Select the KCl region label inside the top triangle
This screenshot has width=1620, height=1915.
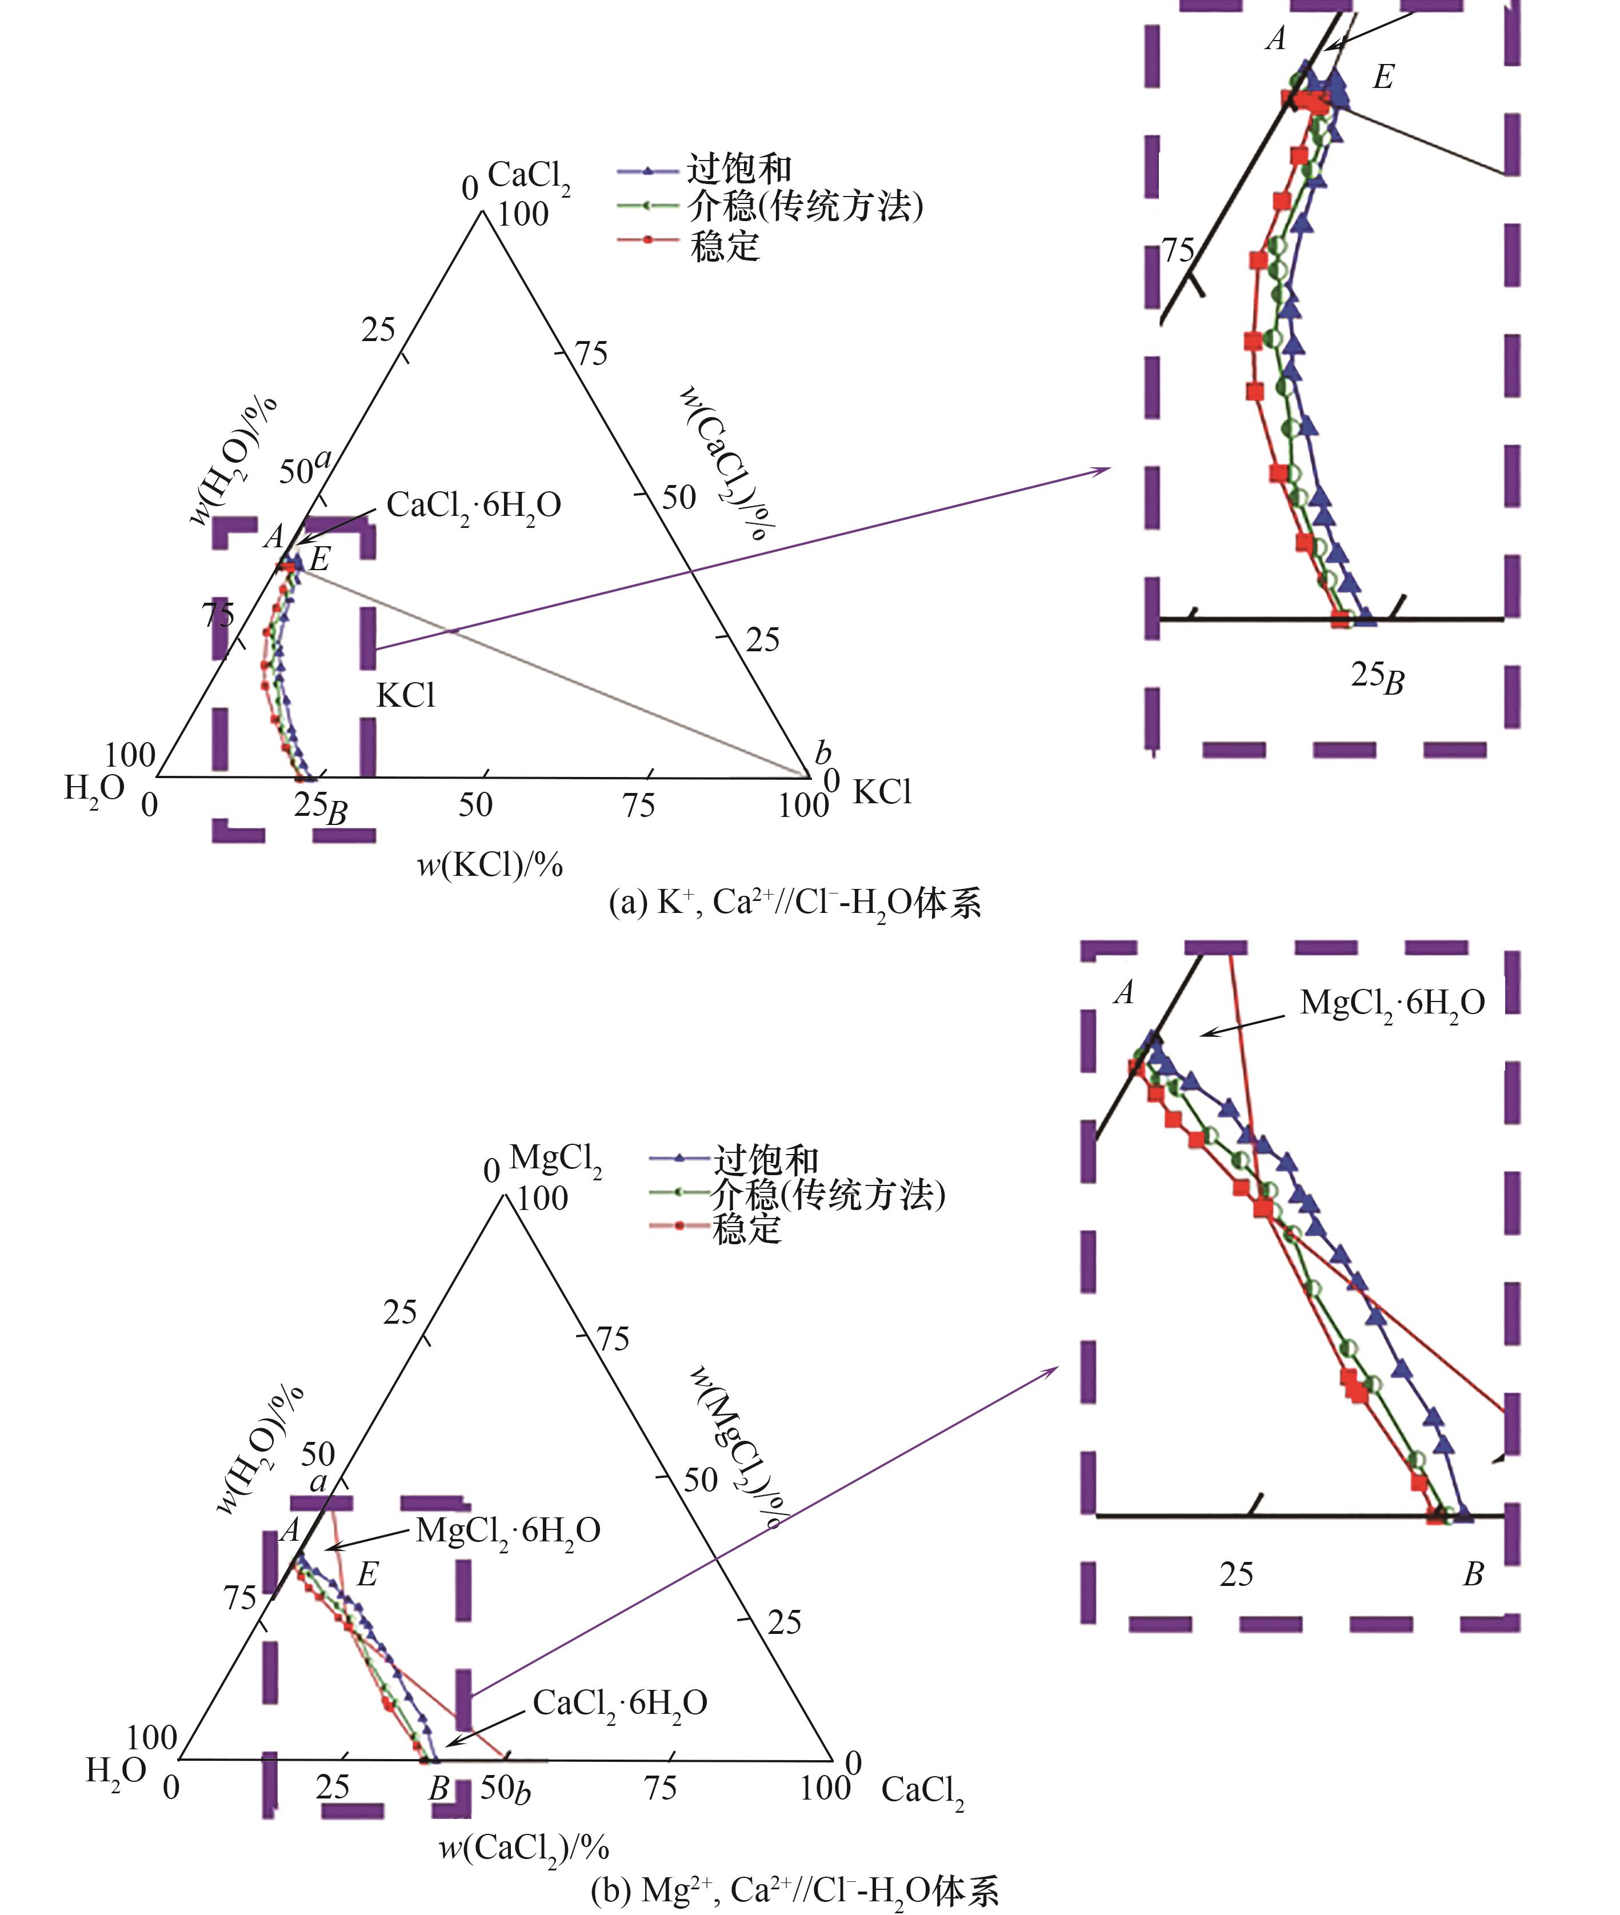click(x=406, y=696)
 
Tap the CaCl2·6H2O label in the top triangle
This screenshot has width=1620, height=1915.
click(x=474, y=506)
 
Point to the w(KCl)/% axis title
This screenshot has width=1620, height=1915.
click(x=490, y=864)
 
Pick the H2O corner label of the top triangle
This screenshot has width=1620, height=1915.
click(x=94, y=790)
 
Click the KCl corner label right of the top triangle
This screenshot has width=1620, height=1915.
click(x=882, y=792)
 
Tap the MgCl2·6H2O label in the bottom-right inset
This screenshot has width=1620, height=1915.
click(x=1392, y=1003)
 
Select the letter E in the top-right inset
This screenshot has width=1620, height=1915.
click(x=1383, y=77)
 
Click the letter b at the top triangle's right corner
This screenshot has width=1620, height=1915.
click(x=823, y=753)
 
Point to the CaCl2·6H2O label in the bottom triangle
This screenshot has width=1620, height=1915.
click(x=620, y=1703)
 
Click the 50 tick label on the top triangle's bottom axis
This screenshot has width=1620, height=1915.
click(x=475, y=805)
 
